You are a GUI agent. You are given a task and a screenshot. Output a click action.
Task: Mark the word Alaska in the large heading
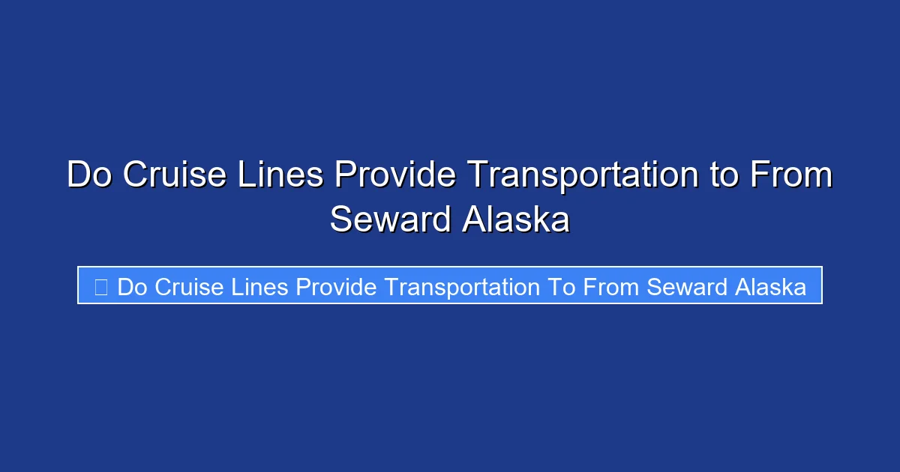pyautogui.click(x=516, y=220)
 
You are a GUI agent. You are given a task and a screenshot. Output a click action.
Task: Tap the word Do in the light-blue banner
pyautogui.click(x=133, y=287)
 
